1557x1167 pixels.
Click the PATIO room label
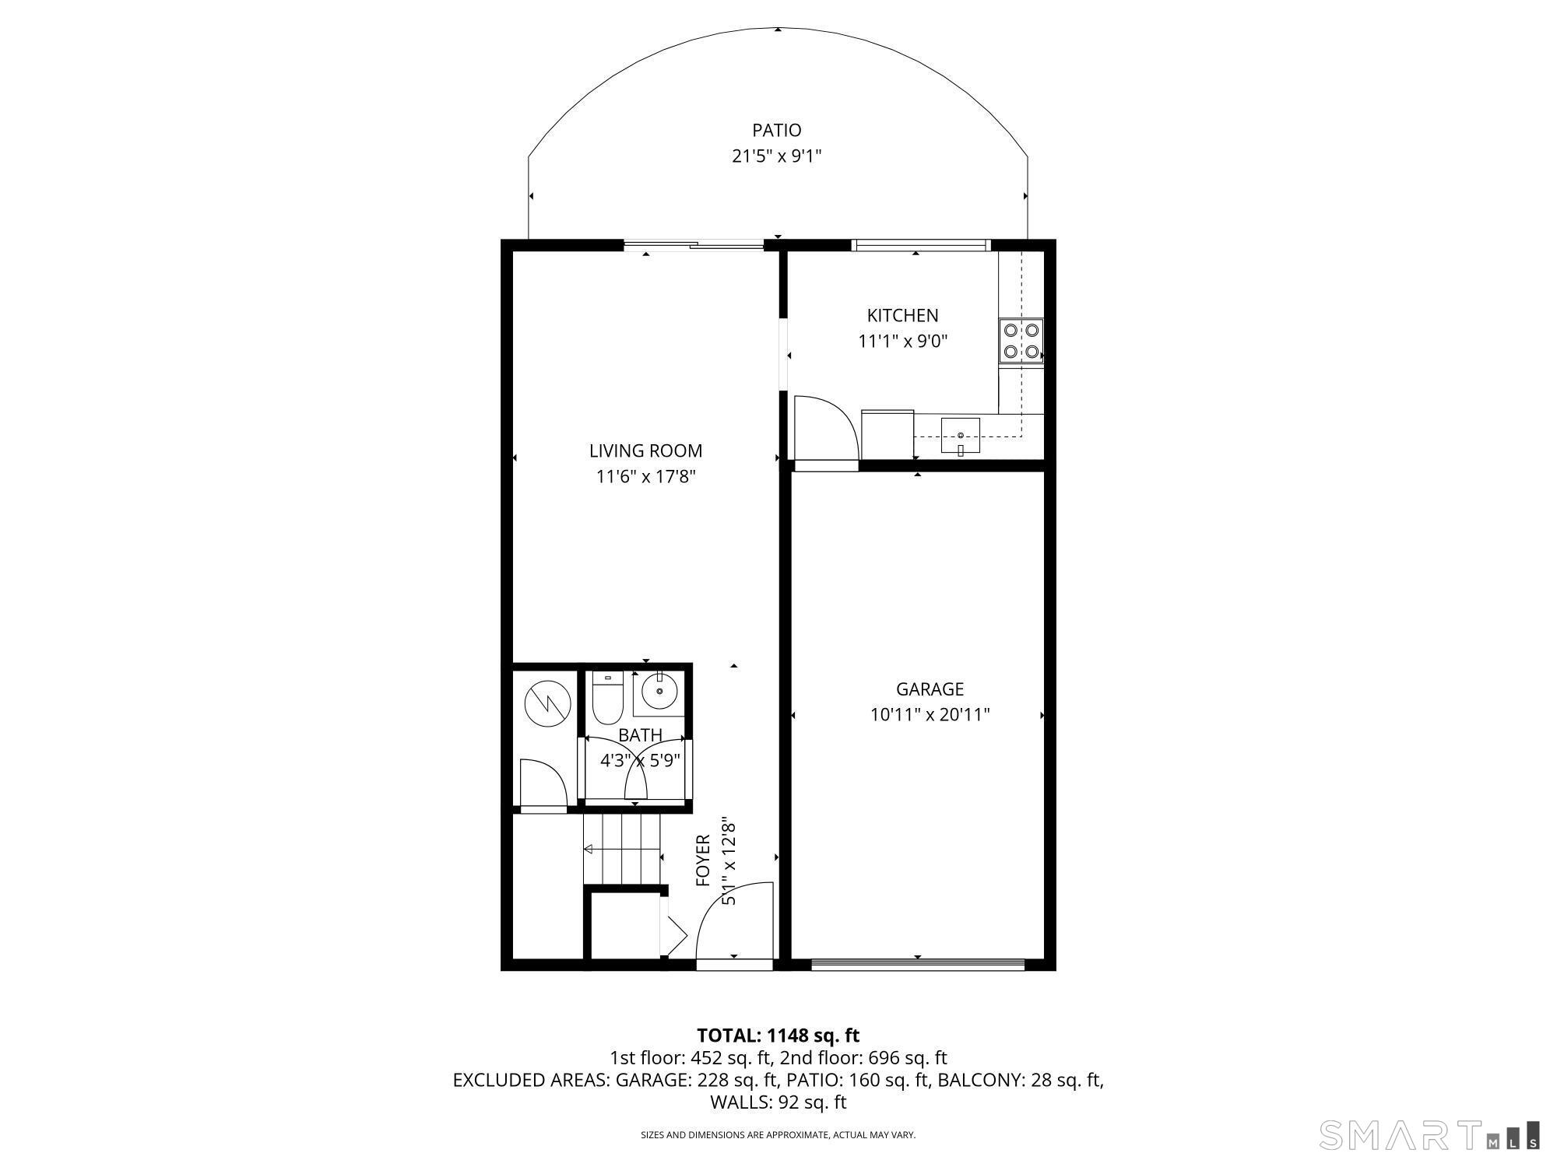(776, 130)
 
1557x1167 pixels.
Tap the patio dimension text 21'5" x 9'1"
(776, 156)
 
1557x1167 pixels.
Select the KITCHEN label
(902, 315)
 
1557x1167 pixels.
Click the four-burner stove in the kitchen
(1021, 341)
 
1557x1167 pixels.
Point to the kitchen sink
(960, 436)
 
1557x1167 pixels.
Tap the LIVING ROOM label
(645, 450)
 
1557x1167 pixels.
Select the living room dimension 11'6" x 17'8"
(645, 476)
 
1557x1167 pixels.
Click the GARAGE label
(930, 689)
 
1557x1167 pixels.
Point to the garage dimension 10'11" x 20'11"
(930, 714)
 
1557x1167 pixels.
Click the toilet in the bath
(606, 697)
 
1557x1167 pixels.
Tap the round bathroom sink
(659, 691)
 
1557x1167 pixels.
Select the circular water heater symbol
(547, 704)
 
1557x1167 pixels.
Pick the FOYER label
(703, 860)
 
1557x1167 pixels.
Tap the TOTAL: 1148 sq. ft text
(778, 1036)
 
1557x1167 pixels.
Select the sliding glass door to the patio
(694, 246)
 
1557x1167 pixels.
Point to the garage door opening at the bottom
(918, 965)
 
